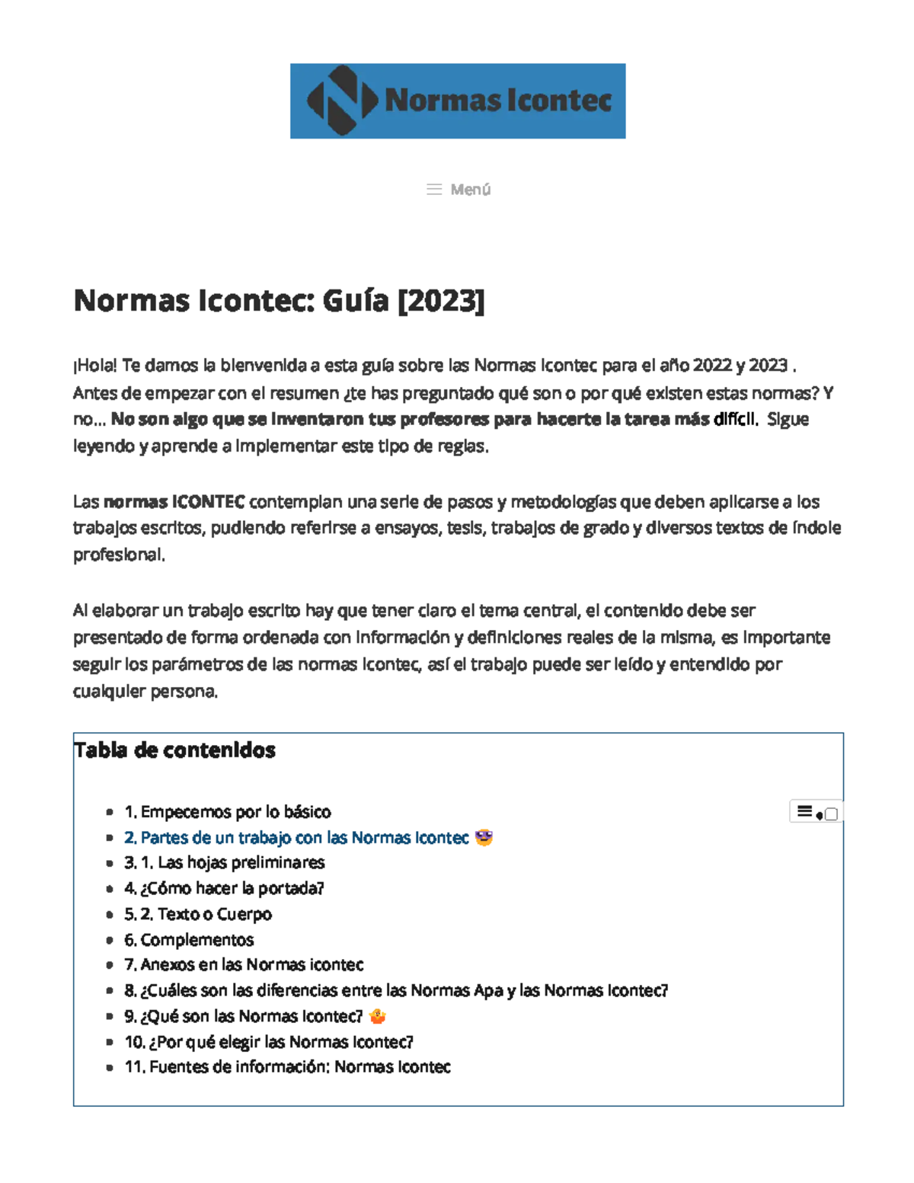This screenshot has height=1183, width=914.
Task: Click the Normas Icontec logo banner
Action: pyautogui.click(x=458, y=101)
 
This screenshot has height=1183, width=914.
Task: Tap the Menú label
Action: pyautogui.click(x=470, y=190)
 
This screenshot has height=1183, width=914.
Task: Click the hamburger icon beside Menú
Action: pyautogui.click(x=434, y=190)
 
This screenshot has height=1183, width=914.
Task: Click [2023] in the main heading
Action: pyautogui.click(x=442, y=301)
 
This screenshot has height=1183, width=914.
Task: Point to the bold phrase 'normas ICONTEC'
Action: pyautogui.click(x=174, y=502)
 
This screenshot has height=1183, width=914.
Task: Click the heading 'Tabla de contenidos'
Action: pyautogui.click(x=175, y=750)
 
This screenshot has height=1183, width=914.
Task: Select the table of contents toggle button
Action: pyautogui.click(x=816, y=813)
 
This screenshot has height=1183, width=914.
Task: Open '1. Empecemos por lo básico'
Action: pyautogui.click(x=228, y=812)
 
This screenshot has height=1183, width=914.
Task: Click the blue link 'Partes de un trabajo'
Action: pyautogui.click(x=296, y=838)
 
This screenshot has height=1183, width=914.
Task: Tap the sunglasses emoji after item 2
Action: pyautogui.click(x=484, y=838)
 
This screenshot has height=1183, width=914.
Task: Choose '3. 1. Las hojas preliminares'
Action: pyautogui.click(x=225, y=863)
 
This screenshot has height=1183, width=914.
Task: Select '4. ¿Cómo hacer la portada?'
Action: pyautogui.click(x=225, y=888)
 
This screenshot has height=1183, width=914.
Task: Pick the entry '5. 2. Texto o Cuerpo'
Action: pyautogui.click(x=198, y=914)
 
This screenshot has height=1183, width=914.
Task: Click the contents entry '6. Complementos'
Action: pyautogui.click(x=189, y=940)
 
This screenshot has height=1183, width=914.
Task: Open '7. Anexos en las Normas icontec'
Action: pyautogui.click(x=244, y=965)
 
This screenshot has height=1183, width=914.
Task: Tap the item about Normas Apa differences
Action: pyautogui.click(x=396, y=991)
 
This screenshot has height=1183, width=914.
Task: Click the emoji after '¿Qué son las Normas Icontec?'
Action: pyautogui.click(x=377, y=1016)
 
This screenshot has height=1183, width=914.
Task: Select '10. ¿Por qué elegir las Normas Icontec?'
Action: pyautogui.click(x=269, y=1042)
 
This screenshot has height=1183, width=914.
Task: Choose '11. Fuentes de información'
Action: pyautogui.click(x=287, y=1067)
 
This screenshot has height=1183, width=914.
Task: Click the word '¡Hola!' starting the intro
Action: pyautogui.click(x=95, y=366)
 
